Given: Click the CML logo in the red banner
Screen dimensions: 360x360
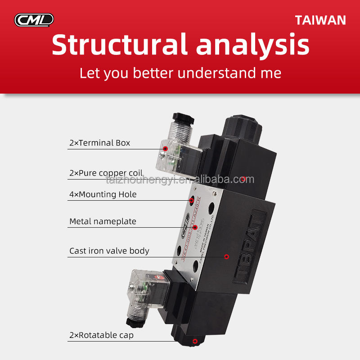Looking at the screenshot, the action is [x=34, y=20].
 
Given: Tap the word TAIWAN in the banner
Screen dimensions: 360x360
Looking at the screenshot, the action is [x=320, y=20].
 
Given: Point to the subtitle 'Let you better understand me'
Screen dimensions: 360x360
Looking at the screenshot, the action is [x=180, y=73].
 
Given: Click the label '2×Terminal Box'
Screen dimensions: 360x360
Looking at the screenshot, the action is [x=99, y=143].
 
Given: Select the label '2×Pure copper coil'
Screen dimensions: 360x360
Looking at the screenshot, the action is [x=106, y=173].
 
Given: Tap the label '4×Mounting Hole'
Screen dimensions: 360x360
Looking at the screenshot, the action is [x=103, y=194].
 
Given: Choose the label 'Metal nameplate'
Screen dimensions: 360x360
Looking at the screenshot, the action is [x=102, y=221].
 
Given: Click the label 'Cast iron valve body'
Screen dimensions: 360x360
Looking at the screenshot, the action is [x=109, y=251].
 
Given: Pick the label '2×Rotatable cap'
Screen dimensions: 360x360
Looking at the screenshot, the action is [x=101, y=335].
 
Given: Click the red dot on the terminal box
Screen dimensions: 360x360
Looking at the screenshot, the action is [x=166, y=148].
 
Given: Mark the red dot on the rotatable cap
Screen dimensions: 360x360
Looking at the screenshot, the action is [x=194, y=342].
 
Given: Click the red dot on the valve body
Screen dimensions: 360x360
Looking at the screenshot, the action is [x=226, y=256].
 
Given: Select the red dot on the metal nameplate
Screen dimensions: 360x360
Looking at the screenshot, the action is [x=195, y=228].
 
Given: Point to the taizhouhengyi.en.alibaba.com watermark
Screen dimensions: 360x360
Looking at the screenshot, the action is [x=180, y=180].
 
